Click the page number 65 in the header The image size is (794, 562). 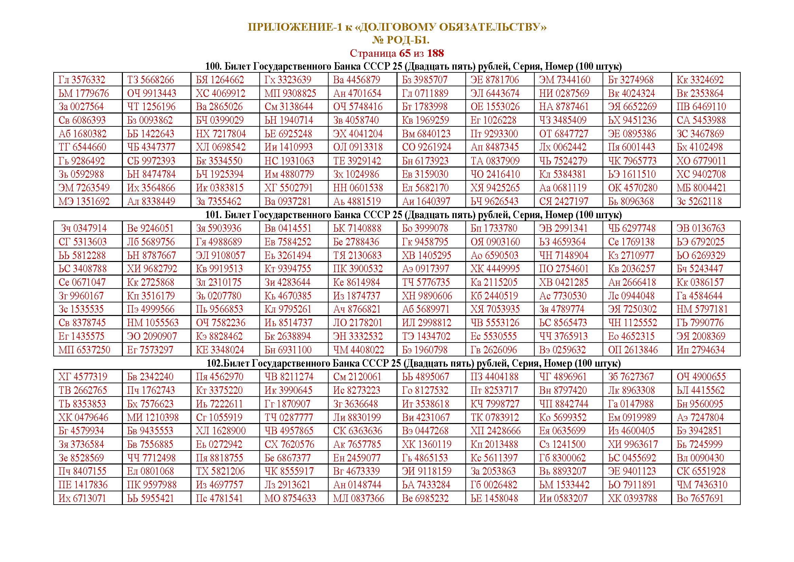[x=405, y=53]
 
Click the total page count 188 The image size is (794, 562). [x=436, y=53]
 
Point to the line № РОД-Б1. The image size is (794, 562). [x=401, y=40]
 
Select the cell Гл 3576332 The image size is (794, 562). [x=82, y=80]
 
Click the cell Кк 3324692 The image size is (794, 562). [x=700, y=80]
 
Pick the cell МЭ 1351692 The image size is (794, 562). [x=84, y=201]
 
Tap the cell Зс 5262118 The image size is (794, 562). [x=699, y=201]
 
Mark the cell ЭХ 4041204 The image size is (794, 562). [x=358, y=134]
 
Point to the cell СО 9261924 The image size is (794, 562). [x=426, y=147]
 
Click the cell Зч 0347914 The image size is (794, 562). [x=84, y=228]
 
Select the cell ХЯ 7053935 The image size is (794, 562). [x=495, y=309]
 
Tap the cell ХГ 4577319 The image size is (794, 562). [x=82, y=377]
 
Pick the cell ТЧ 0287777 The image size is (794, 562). [x=289, y=417]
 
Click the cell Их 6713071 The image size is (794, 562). [x=82, y=498]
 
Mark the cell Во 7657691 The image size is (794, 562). [x=700, y=498]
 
